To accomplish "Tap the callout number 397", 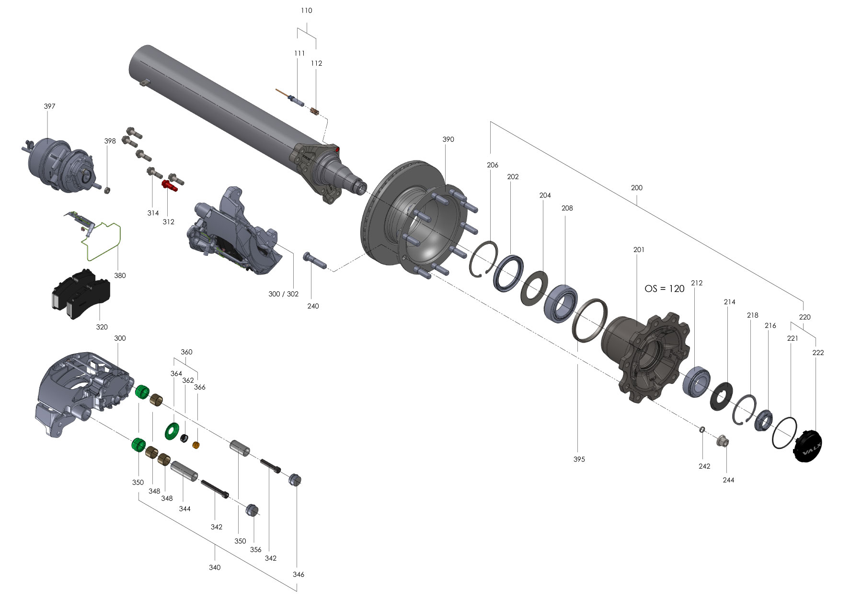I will (49, 106).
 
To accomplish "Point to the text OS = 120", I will (664, 289).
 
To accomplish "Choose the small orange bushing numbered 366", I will (195, 446).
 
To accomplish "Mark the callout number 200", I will (636, 188).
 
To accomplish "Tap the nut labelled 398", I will (108, 190).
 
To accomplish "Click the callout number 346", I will (298, 575).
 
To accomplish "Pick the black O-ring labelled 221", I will (784, 433).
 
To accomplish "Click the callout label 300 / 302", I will (283, 294).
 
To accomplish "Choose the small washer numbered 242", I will (702, 429).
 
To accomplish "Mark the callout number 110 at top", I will (306, 11).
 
